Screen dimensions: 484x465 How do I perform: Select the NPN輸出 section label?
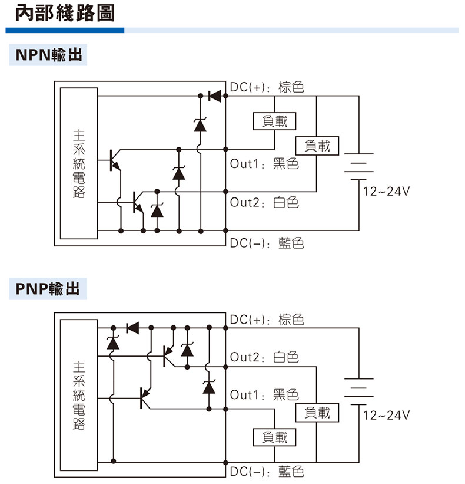48,56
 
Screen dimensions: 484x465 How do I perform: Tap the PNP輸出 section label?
48,289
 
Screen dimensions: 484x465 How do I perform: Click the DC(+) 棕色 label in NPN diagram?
267,87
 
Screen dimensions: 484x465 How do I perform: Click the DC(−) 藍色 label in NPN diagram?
267,242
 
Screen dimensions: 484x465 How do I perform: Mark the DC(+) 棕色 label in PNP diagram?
267,320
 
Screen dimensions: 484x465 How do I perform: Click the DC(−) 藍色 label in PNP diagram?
267,471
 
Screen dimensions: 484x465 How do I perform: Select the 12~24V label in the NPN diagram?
386,191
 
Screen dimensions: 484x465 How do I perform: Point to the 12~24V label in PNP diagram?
386,415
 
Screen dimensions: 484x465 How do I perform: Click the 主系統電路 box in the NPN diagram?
78,163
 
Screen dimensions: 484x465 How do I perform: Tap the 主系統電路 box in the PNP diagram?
78,394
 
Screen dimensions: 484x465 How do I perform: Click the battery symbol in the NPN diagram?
358,166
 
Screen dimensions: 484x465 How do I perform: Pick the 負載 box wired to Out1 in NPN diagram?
274,121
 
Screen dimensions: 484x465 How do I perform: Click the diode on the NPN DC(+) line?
214,96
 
